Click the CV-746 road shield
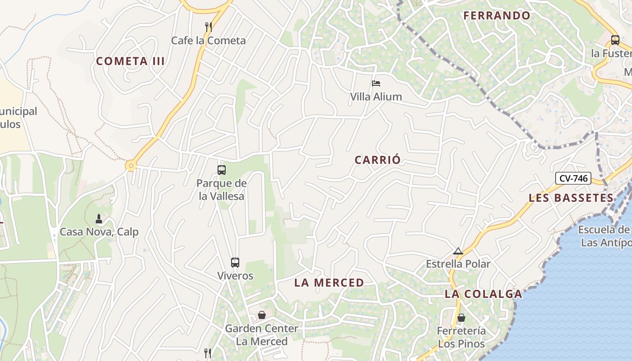573,178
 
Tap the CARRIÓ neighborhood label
377,160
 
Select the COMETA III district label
130,61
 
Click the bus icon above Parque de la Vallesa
221,170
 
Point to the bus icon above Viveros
235,263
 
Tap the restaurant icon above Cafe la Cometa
208,27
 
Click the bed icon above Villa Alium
376,83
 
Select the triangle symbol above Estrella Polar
458,251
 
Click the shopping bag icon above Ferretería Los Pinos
461,318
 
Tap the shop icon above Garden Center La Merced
262,315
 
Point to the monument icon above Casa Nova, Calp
99,219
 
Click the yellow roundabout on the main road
131,166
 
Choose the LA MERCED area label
329,283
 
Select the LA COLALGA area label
483,294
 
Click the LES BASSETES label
571,198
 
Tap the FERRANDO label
497,15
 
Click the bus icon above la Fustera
615,40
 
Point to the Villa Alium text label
376,97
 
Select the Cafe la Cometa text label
208,41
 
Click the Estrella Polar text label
458,264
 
